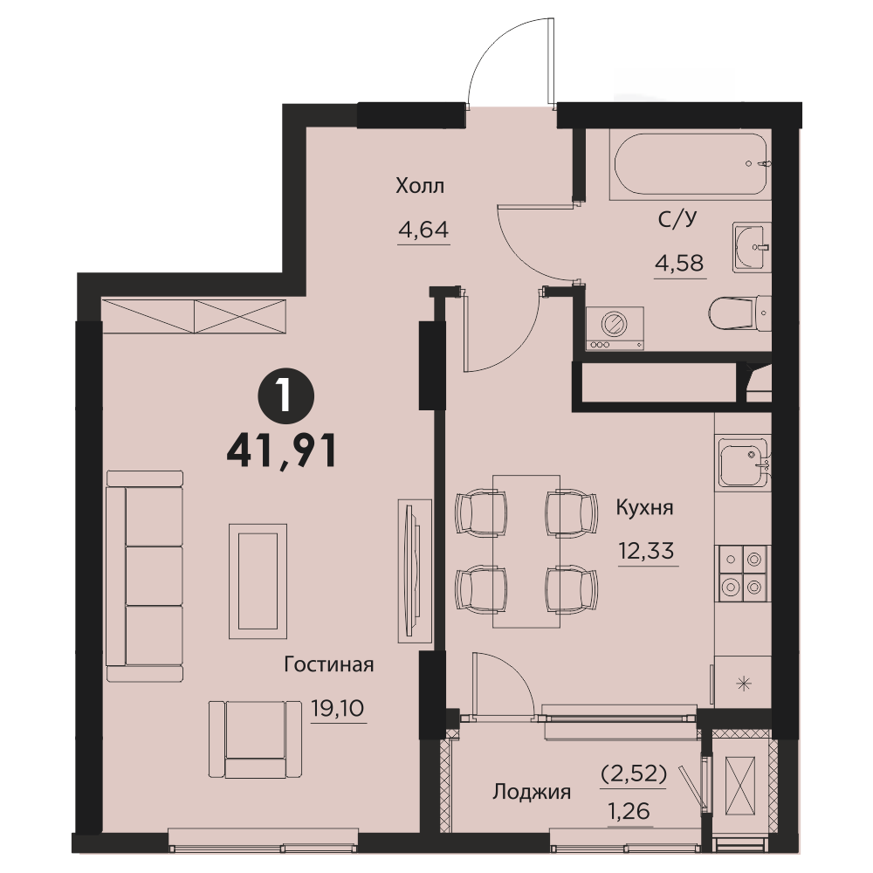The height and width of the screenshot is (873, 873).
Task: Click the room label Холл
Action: [x=420, y=185]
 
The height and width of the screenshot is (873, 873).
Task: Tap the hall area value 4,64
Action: [x=423, y=230]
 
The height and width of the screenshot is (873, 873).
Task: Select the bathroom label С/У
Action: [x=677, y=219]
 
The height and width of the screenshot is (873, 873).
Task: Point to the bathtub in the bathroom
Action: [x=691, y=164]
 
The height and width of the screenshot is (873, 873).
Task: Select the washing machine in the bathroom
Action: [x=615, y=328]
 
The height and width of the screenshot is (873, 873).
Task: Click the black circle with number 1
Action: [x=286, y=396]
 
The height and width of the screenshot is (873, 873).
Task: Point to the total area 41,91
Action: [x=282, y=451]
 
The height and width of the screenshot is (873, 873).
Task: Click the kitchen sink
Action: [x=743, y=462]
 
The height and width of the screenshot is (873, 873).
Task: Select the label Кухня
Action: [x=645, y=508]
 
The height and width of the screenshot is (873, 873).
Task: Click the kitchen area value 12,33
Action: [x=646, y=551]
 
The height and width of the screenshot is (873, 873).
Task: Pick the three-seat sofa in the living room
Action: [x=145, y=576]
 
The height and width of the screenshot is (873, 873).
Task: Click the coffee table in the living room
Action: [x=258, y=581]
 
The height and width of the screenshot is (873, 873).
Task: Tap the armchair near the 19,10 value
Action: [x=256, y=739]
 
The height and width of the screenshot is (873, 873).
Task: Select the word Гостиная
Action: [x=329, y=664]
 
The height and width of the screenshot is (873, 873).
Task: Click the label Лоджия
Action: [x=532, y=792]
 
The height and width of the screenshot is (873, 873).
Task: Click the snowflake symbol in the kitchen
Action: [x=743, y=684]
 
